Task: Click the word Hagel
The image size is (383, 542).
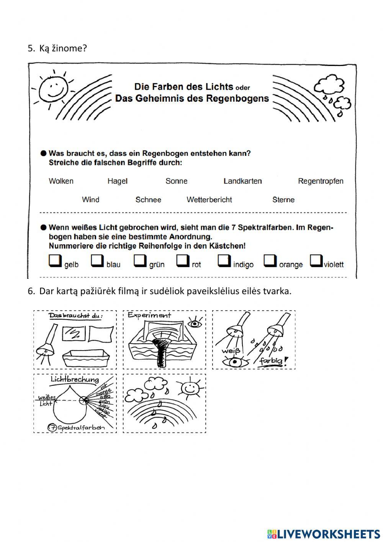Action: (117, 181)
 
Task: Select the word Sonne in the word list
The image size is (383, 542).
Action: (176, 181)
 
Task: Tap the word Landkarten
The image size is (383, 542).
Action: (242, 181)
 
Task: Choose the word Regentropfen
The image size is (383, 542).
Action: (321, 181)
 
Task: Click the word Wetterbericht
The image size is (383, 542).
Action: (209, 199)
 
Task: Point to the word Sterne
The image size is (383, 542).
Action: (283, 199)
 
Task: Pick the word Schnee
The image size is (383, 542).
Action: (148, 199)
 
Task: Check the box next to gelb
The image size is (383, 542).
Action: (55, 261)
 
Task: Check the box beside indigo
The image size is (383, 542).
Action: (224, 261)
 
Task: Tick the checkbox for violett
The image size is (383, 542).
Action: (316, 261)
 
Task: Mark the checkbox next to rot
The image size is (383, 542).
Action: (183, 261)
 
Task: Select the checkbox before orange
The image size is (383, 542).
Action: (270, 261)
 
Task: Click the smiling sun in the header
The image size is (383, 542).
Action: (53, 89)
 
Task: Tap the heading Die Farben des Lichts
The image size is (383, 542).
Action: (183, 87)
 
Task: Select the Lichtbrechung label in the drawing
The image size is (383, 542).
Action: (75, 380)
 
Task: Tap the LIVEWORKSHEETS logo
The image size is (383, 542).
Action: (324, 534)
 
